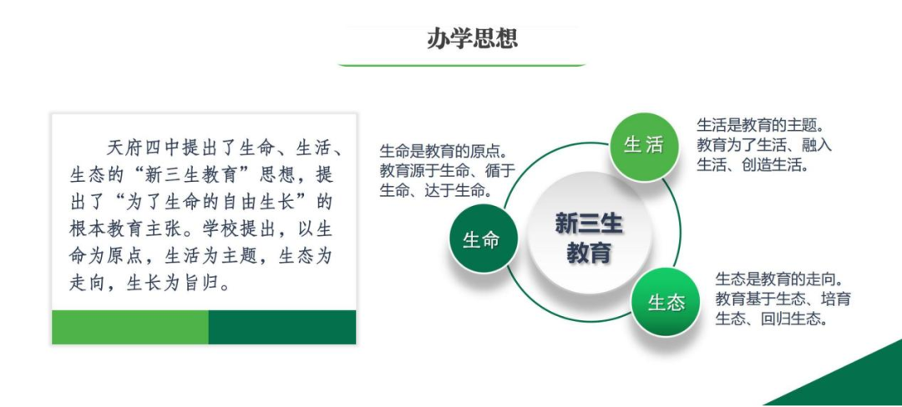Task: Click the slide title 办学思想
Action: coord(472,38)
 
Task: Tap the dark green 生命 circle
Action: coord(482,239)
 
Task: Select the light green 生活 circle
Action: coord(643,146)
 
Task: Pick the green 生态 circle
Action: coord(666,302)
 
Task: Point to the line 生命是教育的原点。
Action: coord(443,152)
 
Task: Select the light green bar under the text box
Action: coord(130,327)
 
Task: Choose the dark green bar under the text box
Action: coord(282,327)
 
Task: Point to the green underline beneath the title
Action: coord(461,65)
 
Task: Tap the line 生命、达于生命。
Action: coord(435,191)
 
